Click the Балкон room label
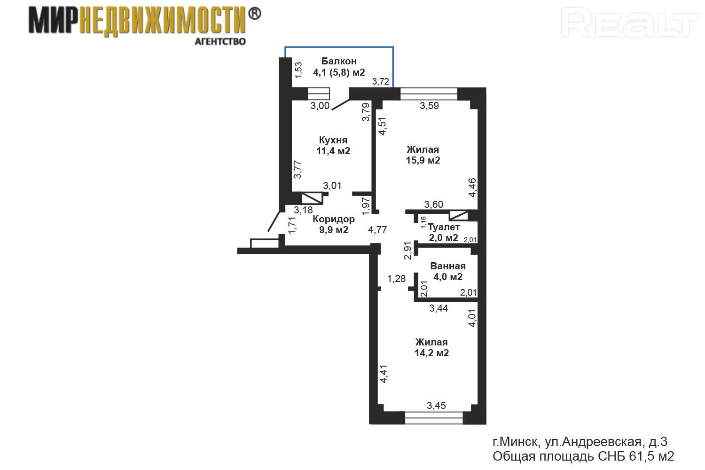[339, 61]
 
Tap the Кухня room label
[333, 140]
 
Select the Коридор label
[334, 219]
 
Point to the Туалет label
[444, 227]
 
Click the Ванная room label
[448, 266]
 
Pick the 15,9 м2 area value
[423, 160]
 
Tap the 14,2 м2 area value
[431, 353]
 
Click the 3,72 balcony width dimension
[381, 81]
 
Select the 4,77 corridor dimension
[377, 230]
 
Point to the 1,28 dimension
[396, 279]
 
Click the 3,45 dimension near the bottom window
[436, 405]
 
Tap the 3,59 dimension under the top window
[429, 105]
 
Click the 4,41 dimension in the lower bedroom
[384, 374]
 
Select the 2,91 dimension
[408, 251]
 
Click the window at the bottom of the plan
[434, 418]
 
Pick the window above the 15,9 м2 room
[429, 94]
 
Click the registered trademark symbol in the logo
[254, 14]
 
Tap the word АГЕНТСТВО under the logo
[220, 41]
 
